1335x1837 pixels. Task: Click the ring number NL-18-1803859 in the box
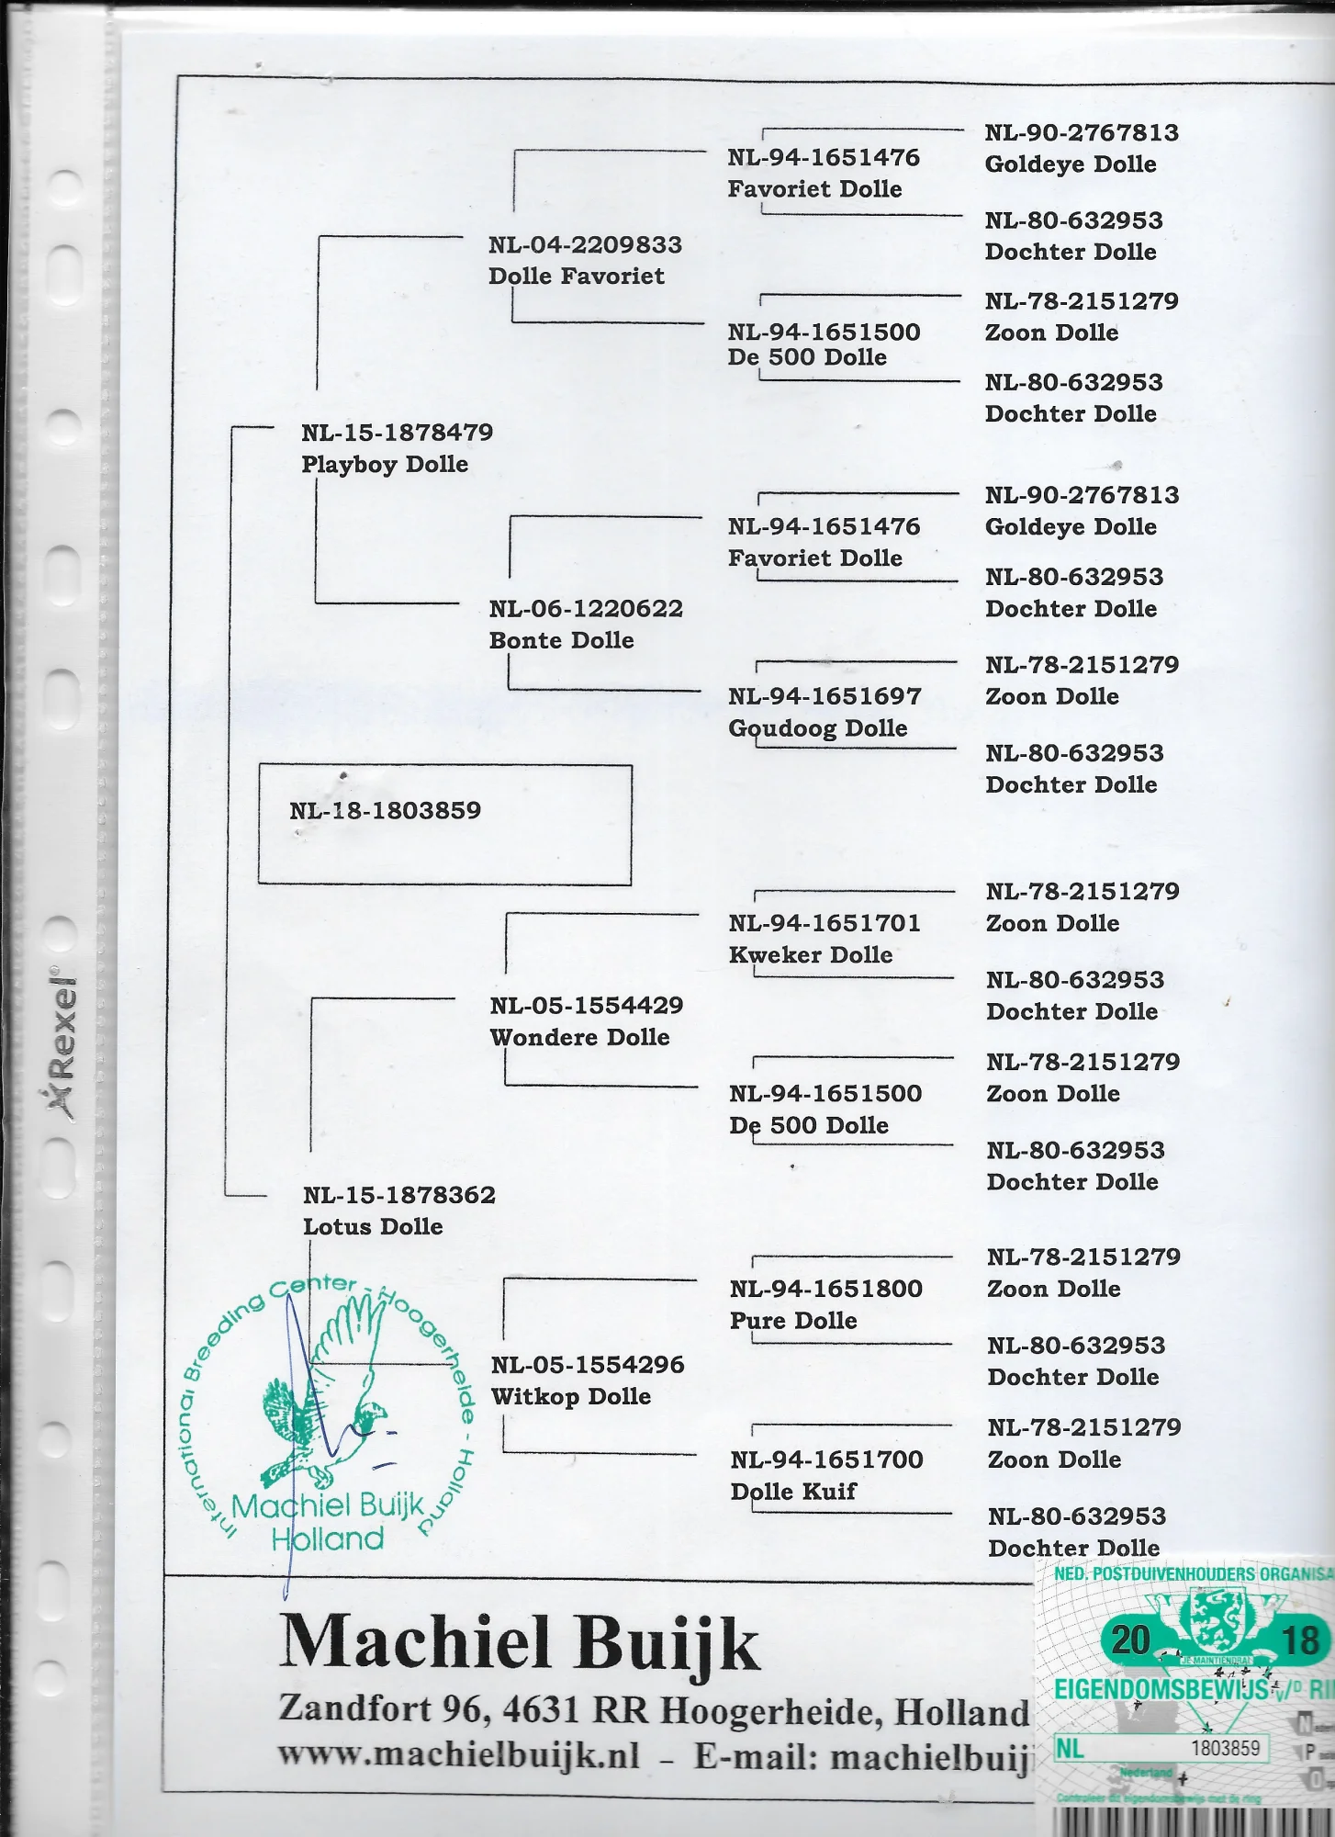coord(385,810)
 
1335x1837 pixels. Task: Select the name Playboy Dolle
coord(385,464)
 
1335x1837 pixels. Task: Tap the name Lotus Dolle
coord(373,1226)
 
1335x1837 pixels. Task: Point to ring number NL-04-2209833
coord(585,245)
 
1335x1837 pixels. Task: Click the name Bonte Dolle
coord(561,640)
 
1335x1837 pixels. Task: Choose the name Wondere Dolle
coord(579,1037)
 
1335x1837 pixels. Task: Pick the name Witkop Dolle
coord(570,1396)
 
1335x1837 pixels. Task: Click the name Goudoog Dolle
coord(817,728)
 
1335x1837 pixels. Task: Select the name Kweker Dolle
coord(810,954)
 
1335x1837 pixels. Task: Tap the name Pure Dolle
coord(793,1320)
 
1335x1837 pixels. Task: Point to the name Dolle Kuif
coord(793,1491)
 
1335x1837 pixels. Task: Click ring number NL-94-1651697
coord(824,696)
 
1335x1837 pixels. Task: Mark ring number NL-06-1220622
coord(586,608)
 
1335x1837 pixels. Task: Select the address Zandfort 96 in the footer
coord(380,1708)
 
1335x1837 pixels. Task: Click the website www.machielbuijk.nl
coord(458,1754)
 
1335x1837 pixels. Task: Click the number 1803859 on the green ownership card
coord(1225,1748)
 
